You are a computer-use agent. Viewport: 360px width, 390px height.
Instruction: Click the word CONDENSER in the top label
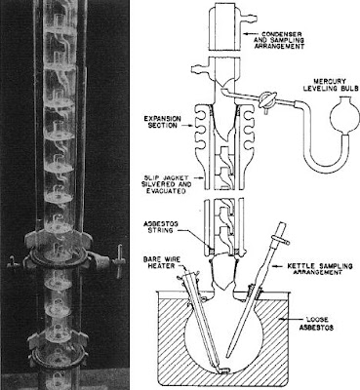(x=282, y=34)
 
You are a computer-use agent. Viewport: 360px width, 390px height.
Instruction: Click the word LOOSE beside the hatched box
(x=317, y=320)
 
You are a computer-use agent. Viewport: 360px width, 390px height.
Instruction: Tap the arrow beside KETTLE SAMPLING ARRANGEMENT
(x=279, y=266)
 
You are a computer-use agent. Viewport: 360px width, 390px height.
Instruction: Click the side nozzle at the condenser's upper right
(x=249, y=14)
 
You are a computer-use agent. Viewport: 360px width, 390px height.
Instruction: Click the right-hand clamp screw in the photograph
(x=119, y=257)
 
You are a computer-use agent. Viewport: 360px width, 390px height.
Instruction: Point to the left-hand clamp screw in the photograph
(x=12, y=261)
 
